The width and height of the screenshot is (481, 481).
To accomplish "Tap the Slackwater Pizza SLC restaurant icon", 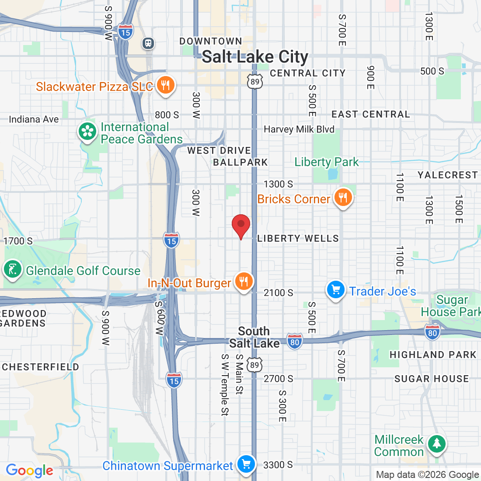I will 165,85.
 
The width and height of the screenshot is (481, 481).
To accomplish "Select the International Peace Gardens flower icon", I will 87,132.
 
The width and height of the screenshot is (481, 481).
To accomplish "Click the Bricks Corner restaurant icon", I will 343,198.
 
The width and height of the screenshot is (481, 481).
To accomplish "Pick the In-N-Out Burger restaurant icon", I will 244,282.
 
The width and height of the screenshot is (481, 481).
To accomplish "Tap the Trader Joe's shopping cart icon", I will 336,290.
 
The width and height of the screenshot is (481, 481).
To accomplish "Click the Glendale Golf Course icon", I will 13,269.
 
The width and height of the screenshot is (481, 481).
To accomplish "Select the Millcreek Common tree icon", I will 436,444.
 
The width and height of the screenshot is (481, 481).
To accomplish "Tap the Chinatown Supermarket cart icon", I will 246,464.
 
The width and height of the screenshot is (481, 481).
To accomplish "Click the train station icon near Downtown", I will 148,43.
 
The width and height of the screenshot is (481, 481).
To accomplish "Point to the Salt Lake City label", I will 255,57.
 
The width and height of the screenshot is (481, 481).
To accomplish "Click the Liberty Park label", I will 326,162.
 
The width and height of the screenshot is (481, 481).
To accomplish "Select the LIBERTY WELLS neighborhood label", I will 298,239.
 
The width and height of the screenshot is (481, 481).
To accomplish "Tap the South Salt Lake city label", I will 254,337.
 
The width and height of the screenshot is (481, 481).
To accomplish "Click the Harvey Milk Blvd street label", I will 299,129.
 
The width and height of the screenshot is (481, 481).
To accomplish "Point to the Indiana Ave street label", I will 34,119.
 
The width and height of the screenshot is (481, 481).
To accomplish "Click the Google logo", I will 29,471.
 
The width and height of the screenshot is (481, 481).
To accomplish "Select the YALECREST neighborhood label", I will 448,175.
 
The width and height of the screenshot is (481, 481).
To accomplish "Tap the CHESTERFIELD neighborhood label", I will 40,367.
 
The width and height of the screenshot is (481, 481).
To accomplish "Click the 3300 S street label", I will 278,465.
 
